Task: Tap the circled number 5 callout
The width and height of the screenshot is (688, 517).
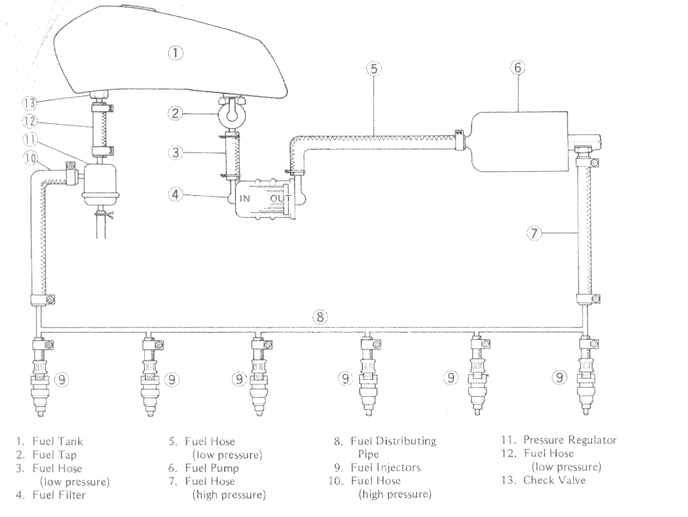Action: pyautogui.click(x=370, y=68)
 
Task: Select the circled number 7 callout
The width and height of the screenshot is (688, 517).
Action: pyautogui.click(x=534, y=234)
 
